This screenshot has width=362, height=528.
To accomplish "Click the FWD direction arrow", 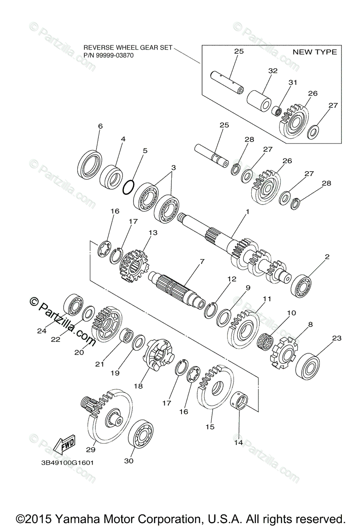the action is pos(64,444).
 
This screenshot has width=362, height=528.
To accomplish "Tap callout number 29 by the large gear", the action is pos(90,450).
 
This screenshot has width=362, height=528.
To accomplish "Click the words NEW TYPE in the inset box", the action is pos(315,52).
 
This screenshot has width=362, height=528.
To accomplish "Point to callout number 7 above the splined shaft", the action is pos(202,261).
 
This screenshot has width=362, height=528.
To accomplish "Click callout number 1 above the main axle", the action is pos(247,212).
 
